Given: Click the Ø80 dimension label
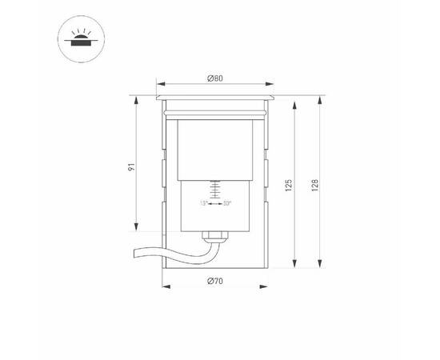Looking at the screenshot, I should (x=214, y=78).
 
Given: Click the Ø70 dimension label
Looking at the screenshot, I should (x=214, y=281).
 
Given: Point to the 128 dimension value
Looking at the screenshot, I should (x=315, y=185).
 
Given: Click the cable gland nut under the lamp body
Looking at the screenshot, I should (x=213, y=236).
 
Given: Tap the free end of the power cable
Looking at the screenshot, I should (x=133, y=254).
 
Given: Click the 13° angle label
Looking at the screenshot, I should (x=204, y=203).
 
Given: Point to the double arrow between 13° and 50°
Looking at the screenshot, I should (x=215, y=203).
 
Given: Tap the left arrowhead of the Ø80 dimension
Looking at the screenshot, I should (x=157, y=84).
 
